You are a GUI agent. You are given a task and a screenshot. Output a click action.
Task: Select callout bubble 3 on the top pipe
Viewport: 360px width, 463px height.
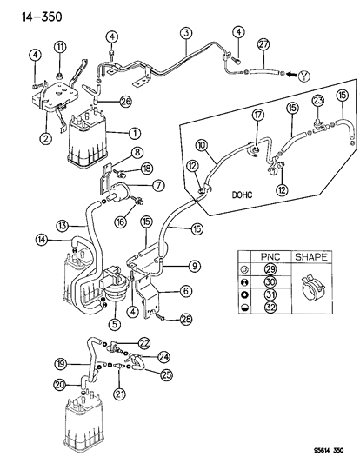click(x=186, y=35)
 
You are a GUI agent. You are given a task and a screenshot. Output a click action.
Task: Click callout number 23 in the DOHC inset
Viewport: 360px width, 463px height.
click(x=317, y=100)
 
